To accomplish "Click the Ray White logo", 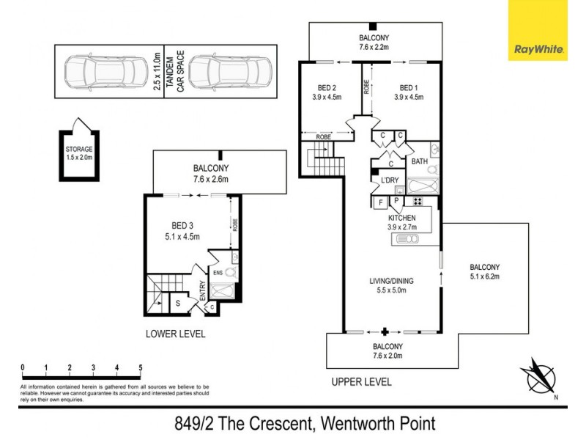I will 540,30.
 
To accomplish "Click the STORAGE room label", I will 78,149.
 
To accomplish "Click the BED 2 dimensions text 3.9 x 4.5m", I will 327,96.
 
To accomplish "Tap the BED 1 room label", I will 409,85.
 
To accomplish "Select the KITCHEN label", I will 402,218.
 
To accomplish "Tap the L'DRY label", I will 386,180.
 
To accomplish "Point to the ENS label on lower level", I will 218,273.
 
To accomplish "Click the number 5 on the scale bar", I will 140,367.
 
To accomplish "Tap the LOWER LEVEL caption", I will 175,334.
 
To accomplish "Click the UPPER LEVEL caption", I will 361,381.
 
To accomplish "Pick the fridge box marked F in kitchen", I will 381,202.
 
